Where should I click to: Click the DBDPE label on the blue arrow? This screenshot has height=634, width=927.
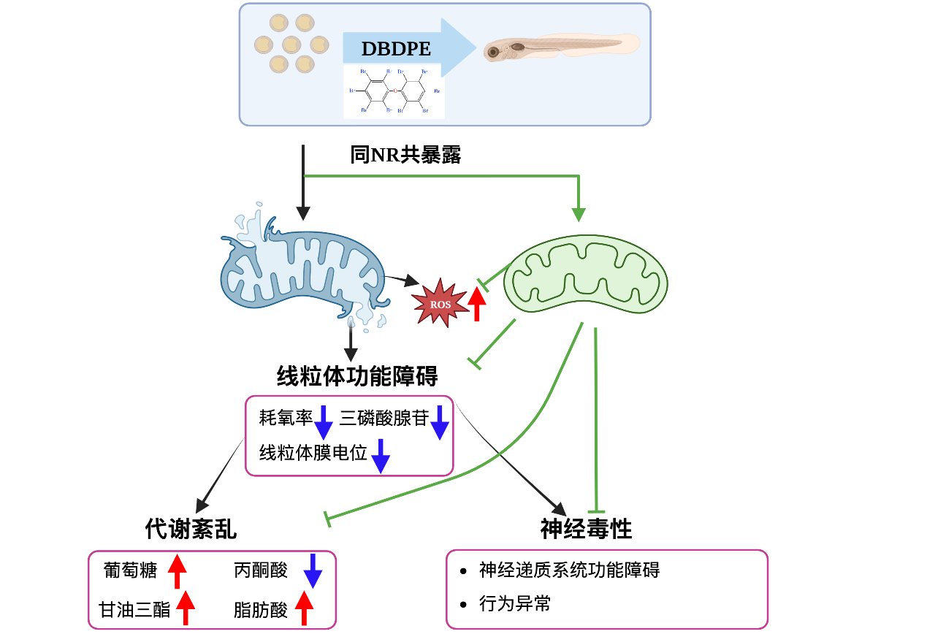(x=395, y=50)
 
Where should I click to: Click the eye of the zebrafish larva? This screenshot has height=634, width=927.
(x=494, y=51)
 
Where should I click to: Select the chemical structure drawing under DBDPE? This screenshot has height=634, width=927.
(x=394, y=91)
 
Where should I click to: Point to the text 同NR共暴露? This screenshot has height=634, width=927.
(x=405, y=155)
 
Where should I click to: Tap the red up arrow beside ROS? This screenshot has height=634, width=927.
(x=477, y=303)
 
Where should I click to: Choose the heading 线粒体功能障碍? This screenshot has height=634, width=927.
(x=357, y=376)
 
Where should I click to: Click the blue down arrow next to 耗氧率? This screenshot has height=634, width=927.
(x=324, y=422)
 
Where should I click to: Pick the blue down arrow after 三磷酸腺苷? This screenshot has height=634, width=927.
(x=439, y=422)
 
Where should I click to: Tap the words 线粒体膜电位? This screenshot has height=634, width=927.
(x=313, y=453)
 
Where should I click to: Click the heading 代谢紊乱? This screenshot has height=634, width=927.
(x=191, y=529)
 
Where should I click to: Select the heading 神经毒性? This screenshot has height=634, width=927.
(x=586, y=529)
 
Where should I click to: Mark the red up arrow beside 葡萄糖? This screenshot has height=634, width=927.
(x=178, y=571)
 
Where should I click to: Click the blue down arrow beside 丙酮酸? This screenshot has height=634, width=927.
(x=313, y=570)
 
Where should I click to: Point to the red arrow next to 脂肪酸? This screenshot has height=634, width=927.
(x=304, y=608)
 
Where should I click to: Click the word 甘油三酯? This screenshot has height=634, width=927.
(x=134, y=610)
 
